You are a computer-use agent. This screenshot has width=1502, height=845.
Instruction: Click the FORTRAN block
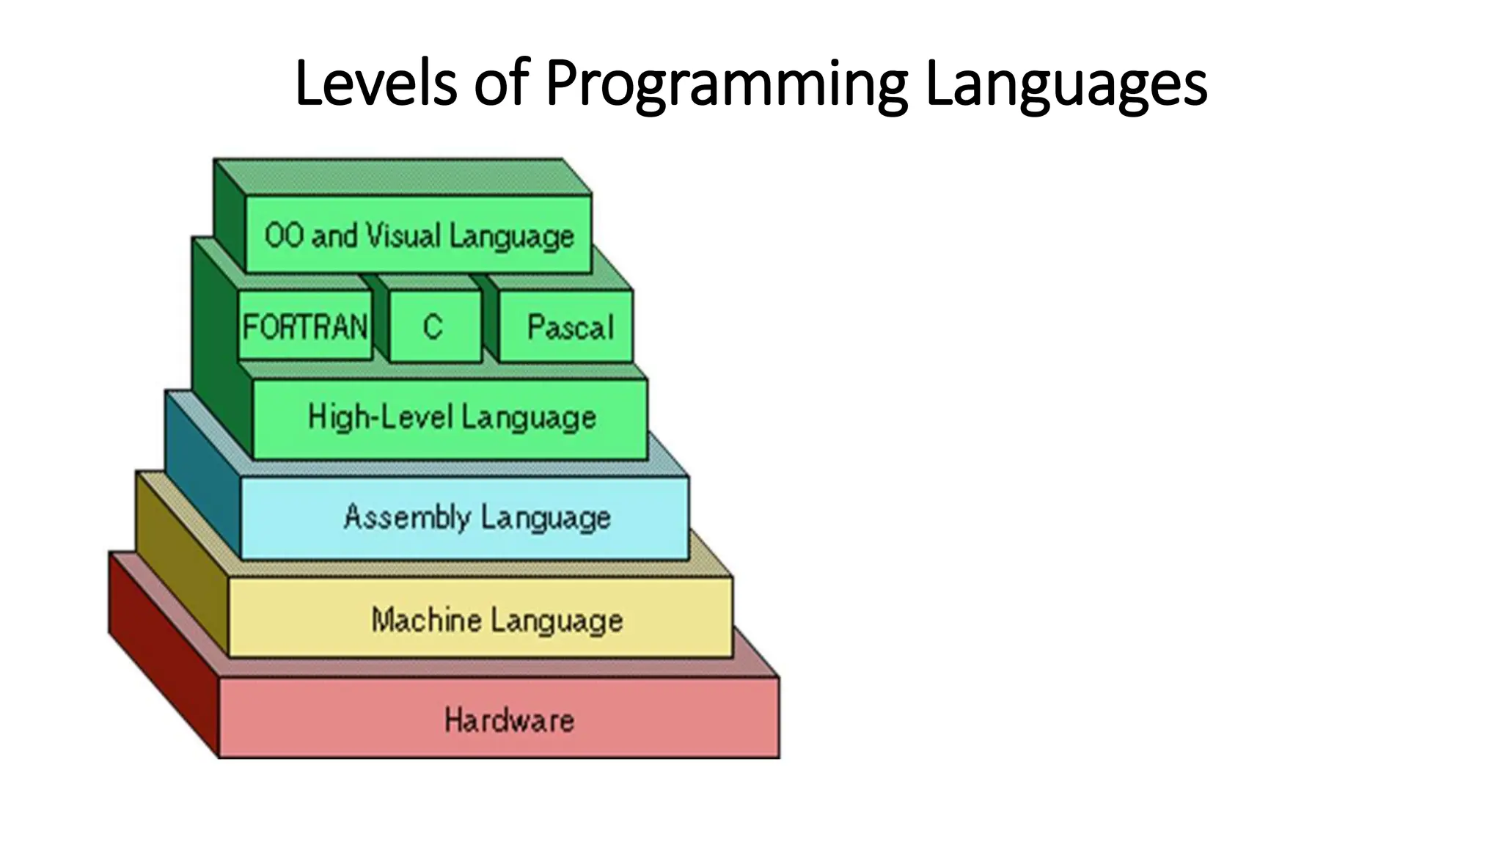pyautogui.click(x=305, y=326)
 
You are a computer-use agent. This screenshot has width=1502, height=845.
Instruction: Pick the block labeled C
pyautogui.click(x=434, y=326)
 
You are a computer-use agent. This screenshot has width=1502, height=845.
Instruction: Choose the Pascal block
pyautogui.click(x=570, y=327)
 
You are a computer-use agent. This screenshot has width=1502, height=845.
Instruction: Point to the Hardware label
pyautogui.click(x=509, y=720)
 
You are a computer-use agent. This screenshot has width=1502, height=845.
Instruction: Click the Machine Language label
pyautogui.click(x=497, y=620)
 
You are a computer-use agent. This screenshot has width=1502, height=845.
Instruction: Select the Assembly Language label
pyautogui.click(x=477, y=517)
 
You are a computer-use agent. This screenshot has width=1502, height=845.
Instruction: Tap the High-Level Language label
pyautogui.click(x=451, y=417)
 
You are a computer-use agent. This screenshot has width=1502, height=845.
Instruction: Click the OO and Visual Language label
pyautogui.click(x=419, y=236)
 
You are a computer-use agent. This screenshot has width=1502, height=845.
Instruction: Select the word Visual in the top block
pyautogui.click(x=403, y=236)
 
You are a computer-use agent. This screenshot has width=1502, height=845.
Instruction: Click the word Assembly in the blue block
pyautogui.click(x=407, y=517)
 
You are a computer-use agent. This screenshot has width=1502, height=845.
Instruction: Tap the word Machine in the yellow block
pyautogui.click(x=426, y=620)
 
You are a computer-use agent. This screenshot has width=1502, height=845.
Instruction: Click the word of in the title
pyautogui.click(x=501, y=83)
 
